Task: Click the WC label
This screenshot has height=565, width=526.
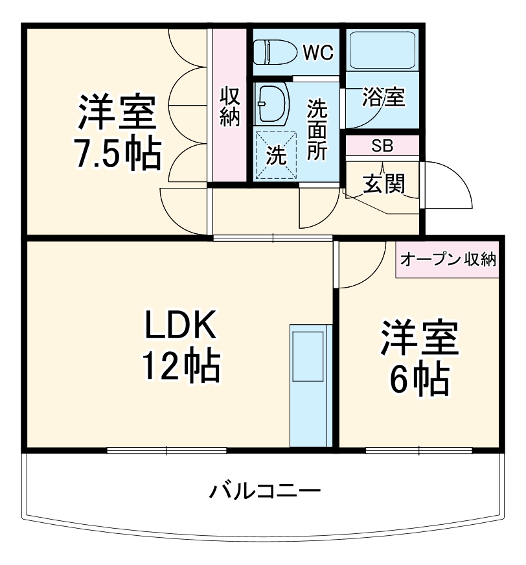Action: [318, 52]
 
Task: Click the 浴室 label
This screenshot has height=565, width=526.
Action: [383, 98]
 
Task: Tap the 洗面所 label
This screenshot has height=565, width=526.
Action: [317, 129]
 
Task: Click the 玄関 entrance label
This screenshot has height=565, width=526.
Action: [383, 184]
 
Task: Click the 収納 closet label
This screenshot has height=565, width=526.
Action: [230, 106]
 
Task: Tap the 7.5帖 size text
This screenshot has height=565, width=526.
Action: [117, 153]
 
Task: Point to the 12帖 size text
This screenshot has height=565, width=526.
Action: [181, 367]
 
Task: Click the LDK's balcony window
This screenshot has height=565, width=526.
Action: [166, 449]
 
